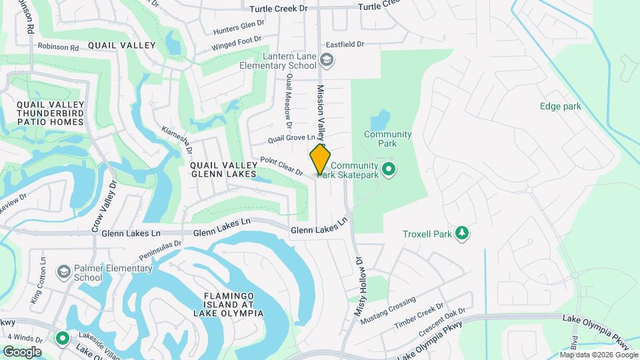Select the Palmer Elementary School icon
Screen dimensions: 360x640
pos(63,272)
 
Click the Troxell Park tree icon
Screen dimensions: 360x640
pos(461,233)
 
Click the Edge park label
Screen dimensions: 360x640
pos(560,106)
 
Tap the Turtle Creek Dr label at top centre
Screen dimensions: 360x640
pos(279,9)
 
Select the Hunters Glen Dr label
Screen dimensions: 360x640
pos(239,27)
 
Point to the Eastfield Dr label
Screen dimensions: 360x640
pos(345,45)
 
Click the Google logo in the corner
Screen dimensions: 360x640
pos(22,351)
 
